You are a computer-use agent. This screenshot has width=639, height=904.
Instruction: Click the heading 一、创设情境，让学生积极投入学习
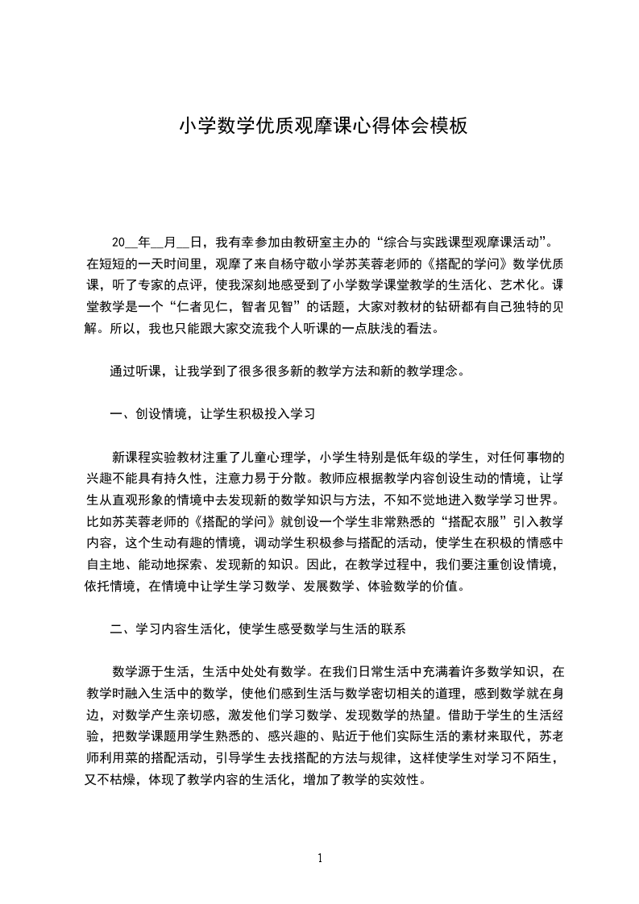point(211,415)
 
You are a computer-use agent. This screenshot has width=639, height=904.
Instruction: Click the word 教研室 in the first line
point(312,242)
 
